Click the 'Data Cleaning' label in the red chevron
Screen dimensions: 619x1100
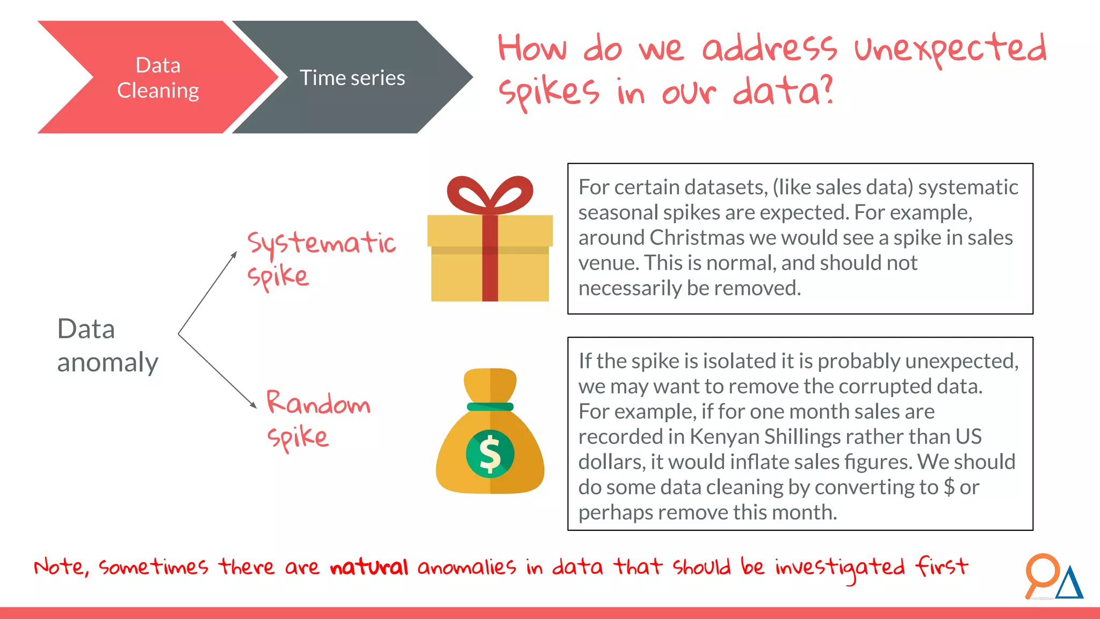pos(158,78)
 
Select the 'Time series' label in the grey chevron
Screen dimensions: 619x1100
pos(352,78)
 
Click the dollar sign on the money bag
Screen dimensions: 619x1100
pos(490,455)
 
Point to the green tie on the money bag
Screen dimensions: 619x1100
pos(490,407)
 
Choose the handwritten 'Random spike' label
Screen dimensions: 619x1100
pos(318,419)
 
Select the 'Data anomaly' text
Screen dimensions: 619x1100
pos(107,345)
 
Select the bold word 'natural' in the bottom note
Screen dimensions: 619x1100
pos(369,567)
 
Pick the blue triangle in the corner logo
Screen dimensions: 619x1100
pos(1070,585)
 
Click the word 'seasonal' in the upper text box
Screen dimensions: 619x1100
pos(618,213)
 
